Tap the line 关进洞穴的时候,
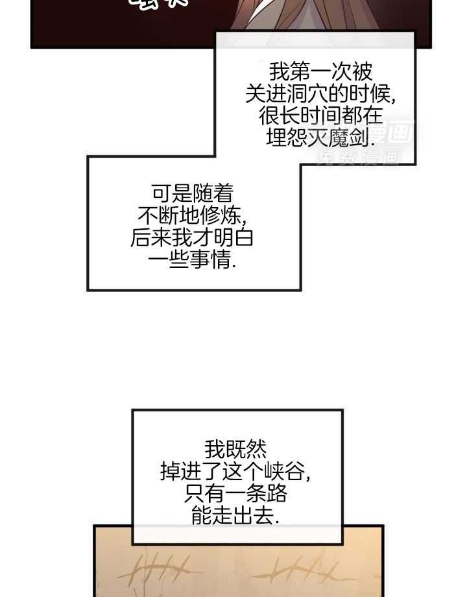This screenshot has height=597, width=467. coord(320,93)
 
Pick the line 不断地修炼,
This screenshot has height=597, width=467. coord(193,215)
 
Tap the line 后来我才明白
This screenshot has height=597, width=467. coord(193,238)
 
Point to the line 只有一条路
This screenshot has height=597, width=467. coord(235,493)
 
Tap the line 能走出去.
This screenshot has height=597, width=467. coord(235,515)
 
